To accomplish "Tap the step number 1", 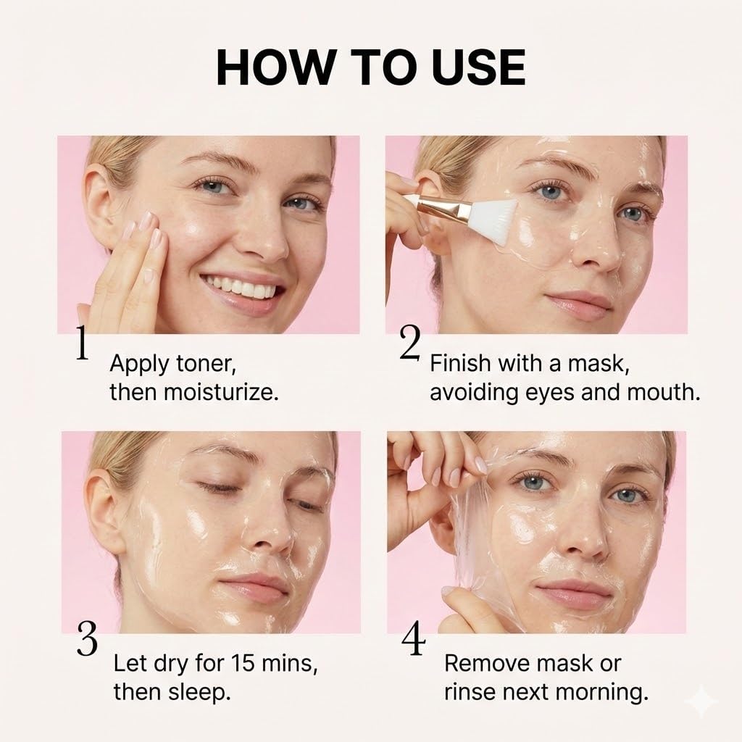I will click(83, 345).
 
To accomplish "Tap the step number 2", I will click(409, 343).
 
